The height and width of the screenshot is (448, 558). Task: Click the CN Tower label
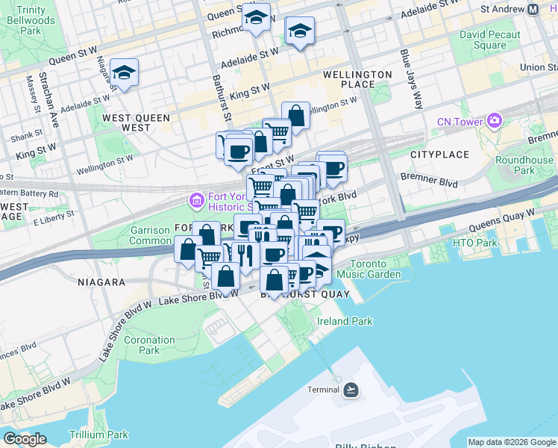tap(461, 120)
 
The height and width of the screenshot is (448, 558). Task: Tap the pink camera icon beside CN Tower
tap(495, 120)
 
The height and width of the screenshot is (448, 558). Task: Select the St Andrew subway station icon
tap(533, 10)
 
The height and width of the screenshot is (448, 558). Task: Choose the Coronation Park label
tap(149, 345)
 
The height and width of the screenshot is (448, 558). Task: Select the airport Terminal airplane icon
tap(351, 390)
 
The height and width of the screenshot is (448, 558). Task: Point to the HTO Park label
tap(474, 243)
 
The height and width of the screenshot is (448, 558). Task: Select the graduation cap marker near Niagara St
tap(124, 73)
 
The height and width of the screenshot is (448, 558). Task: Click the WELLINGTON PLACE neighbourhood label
tap(357, 80)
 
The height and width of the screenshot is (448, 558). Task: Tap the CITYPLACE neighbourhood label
tap(439, 155)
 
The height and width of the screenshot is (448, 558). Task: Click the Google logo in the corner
tap(25, 439)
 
